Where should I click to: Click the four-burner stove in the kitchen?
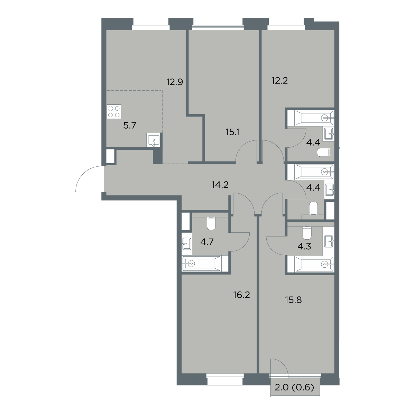pyautogui.click(x=114, y=112)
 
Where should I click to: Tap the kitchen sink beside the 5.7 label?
pyautogui.click(x=153, y=140)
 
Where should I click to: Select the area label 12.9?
pyautogui.click(x=175, y=82)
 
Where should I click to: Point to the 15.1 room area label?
pyautogui.click(x=233, y=132)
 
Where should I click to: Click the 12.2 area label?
pyautogui.click(x=279, y=81)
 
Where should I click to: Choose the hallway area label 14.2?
pyautogui.click(x=220, y=185)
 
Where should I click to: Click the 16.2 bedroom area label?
pyautogui.click(x=241, y=295)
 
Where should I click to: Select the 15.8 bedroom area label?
pyautogui.click(x=293, y=300)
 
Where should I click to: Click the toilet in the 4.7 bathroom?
pyautogui.click(x=211, y=224)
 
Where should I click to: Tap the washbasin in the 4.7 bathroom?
pyautogui.click(x=187, y=244)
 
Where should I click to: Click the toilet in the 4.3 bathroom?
pyautogui.click(x=307, y=233)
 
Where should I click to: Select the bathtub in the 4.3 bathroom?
pyautogui.click(x=315, y=264)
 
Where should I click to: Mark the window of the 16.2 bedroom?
pyautogui.click(x=225, y=382)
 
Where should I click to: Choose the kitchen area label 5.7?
pyautogui.click(x=130, y=125)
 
